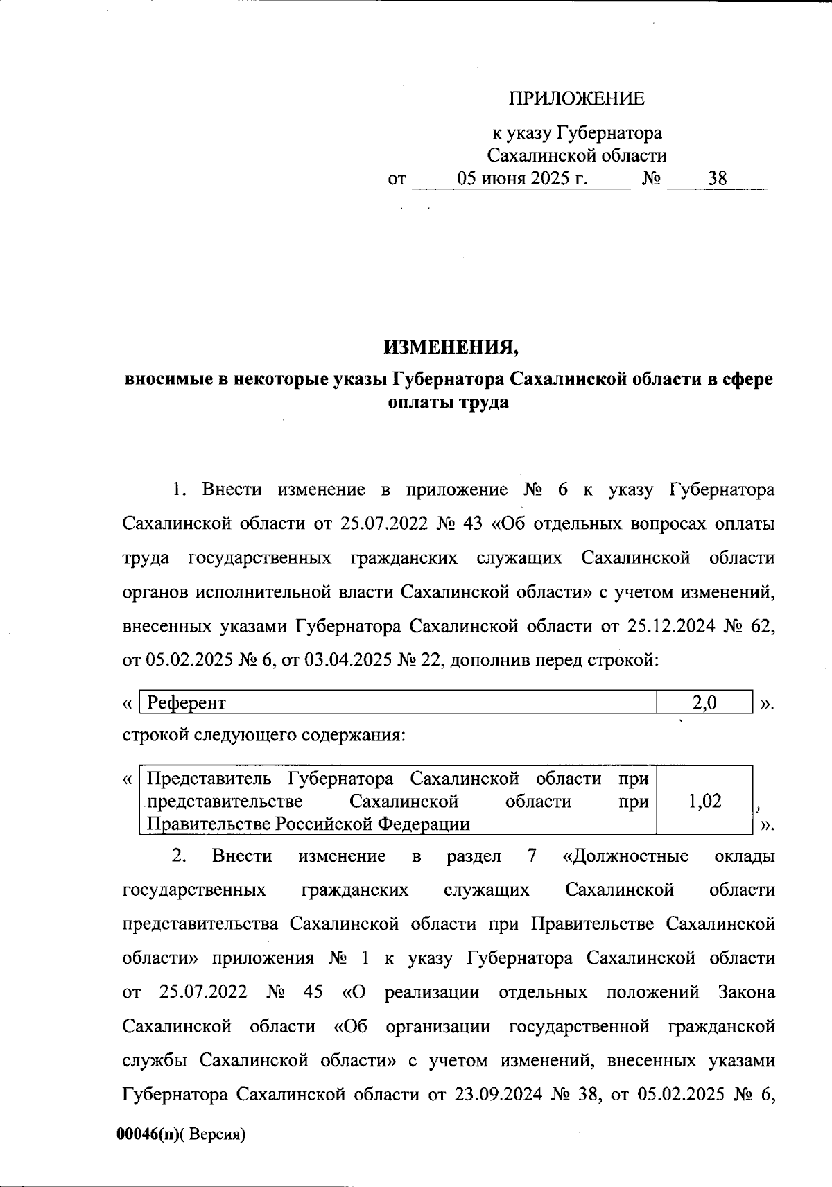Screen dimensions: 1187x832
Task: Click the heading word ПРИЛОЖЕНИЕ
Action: coord(577,99)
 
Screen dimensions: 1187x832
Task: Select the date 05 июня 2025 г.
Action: coord(522,179)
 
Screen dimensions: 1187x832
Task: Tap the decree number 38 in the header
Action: coord(717,179)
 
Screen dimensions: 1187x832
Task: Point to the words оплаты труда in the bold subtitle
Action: coord(449,402)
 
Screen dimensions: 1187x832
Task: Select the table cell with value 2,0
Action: coord(704,702)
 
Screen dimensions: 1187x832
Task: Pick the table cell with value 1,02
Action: coord(704,802)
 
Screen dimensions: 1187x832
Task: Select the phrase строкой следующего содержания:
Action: coord(264,734)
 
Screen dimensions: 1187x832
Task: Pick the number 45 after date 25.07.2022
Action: coord(313,992)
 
